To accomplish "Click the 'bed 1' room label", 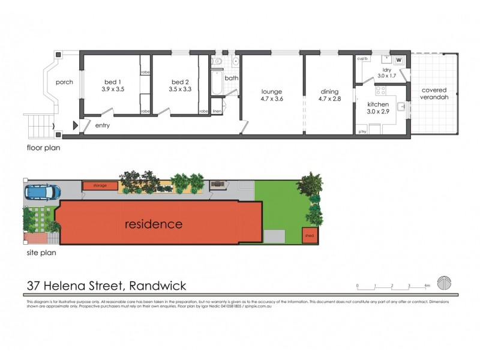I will click(x=112, y=82).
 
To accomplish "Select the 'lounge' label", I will click(x=271, y=92).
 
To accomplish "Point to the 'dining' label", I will click(x=331, y=92).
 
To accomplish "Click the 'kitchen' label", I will click(x=379, y=104).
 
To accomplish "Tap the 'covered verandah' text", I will click(x=434, y=94).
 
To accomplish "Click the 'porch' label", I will click(x=64, y=82).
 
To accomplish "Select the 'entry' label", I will click(x=103, y=125).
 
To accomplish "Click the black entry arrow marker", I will click(x=75, y=125).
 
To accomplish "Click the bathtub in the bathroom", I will click(x=216, y=83).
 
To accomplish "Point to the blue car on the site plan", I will click(x=43, y=192).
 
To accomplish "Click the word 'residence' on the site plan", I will click(x=153, y=224).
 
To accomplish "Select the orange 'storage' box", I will click(x=100, y=185).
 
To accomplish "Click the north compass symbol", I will click(x=445, y=281).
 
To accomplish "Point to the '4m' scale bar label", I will click(x=427, y=286).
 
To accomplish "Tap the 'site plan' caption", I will click(x=41, y=253).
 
